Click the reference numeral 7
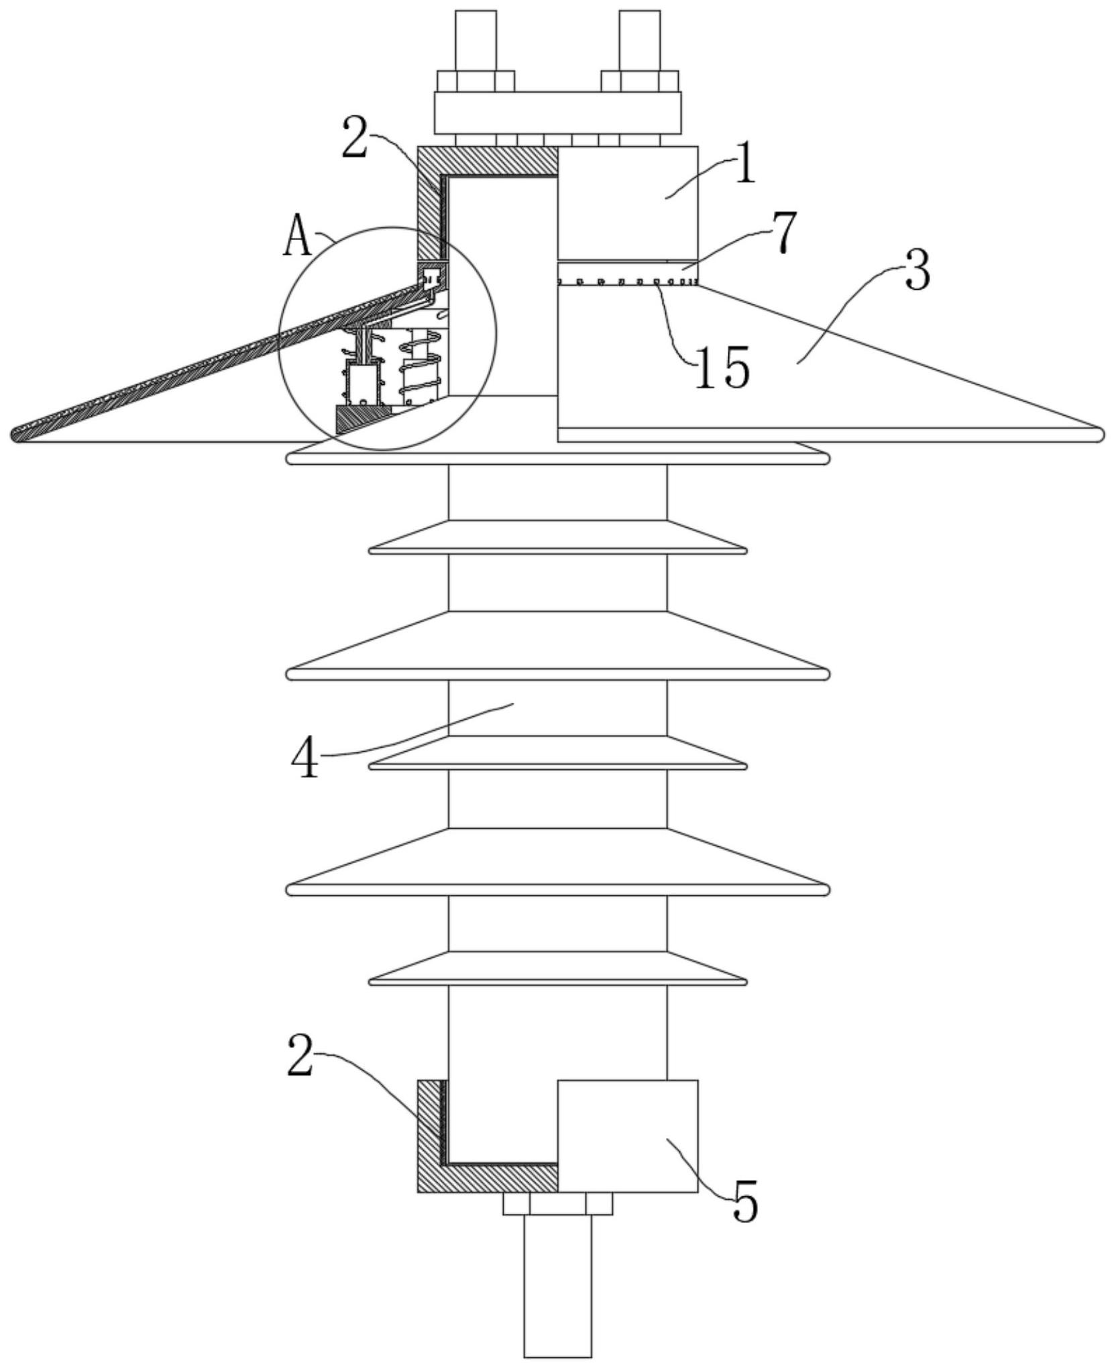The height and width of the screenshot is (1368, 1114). pyautogui.click(x=783, y=233)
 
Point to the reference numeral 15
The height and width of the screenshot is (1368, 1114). pyautogui.click(x=721, y=367)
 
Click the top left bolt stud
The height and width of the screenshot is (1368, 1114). pyautogui.click(x=475, y=40)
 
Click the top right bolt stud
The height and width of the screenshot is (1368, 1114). pyautogui.click(x=639, y=40)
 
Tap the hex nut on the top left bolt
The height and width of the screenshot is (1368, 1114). pyautogui.click(x=476, y=81)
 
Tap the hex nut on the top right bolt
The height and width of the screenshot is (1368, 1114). pyautogui.click(x=640, y=81)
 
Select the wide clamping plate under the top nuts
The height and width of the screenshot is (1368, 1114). pyautogui.click(x=557, y=113)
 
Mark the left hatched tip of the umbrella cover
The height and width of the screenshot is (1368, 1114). pyautogui.click(x=20, y=434)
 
